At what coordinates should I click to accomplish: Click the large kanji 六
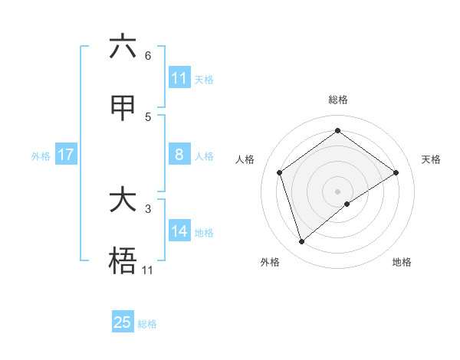(122, 47)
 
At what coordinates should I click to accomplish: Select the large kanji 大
(122, 201)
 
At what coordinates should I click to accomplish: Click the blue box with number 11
(179, 78)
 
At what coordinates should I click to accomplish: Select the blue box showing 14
(179, 231)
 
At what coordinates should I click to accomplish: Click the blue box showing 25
(122, 322)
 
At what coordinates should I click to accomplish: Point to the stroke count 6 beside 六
(148, 56)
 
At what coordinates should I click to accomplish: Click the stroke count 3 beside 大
(148, 208)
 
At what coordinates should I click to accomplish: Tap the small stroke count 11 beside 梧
(147, 270)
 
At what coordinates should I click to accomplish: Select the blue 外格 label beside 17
(41, 156)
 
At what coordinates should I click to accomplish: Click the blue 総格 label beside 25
(147, 324)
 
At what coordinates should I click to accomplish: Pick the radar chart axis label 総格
(338, 100)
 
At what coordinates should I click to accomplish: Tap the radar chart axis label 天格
(431, 159)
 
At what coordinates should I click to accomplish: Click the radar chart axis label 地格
(402, 262)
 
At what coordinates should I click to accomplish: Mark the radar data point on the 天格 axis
(396, 172)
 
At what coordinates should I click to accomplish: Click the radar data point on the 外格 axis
(301, 242)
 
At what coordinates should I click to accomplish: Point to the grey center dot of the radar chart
(337, 191)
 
